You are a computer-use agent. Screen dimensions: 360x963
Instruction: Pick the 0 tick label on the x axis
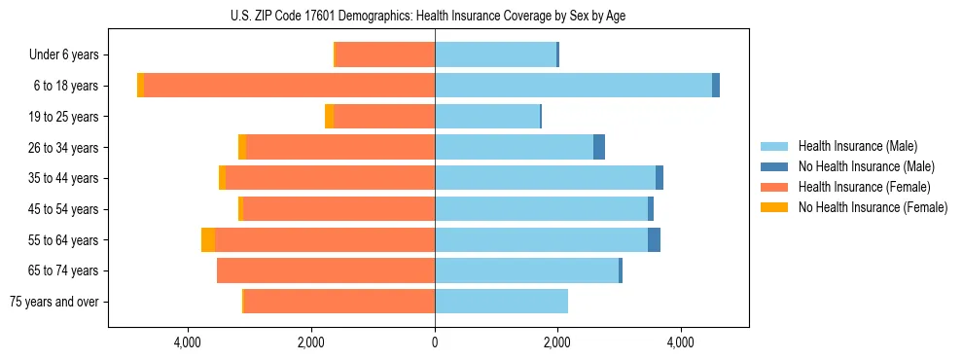[x=435, y=342]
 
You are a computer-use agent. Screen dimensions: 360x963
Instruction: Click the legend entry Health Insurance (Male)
[x=857, y=146]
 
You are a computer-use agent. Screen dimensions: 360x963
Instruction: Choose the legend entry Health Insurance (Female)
[x=863, y=187]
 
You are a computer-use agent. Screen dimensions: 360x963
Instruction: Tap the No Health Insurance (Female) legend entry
[x=872, y=207]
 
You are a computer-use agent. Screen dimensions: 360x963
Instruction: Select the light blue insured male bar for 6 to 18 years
[x=573, y=86]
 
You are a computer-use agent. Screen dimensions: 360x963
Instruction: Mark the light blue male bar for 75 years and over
[x=501, y=302]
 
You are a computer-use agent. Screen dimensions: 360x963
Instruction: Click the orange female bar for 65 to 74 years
[x=326, y=270]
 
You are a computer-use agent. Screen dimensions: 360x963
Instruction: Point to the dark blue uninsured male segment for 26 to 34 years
[x=599, y=147]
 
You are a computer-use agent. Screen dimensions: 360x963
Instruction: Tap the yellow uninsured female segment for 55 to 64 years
[x=208, y=239]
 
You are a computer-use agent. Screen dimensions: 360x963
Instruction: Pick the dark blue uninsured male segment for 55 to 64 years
[x=654, y=239]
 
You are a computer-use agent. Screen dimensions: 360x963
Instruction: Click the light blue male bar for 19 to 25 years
[x=486, y=117]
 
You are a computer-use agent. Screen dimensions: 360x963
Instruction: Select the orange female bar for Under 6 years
[x=385, y=55]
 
